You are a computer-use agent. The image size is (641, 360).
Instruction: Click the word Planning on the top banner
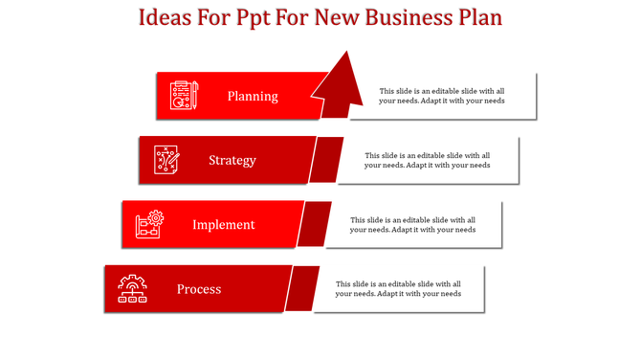[253, 96]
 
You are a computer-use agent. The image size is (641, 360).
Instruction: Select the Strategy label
[232, 160]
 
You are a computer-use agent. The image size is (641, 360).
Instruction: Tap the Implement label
[223, 225]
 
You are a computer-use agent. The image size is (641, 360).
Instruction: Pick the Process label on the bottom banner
[199, 289]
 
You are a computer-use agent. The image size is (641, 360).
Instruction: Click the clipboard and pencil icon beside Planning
[183, 96]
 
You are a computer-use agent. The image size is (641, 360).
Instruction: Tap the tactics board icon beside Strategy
[166, 160]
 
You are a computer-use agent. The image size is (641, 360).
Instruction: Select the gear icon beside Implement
[149, 225]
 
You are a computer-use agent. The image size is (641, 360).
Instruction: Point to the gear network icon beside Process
[132, 288]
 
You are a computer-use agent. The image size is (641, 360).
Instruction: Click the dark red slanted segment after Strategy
[327, 160]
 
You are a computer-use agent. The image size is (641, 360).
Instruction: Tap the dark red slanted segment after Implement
[314, 224]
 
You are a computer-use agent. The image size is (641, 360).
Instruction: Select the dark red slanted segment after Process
[302, 288]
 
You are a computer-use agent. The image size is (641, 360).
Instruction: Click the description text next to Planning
[441, 96]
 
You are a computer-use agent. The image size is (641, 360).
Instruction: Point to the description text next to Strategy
[427, 160]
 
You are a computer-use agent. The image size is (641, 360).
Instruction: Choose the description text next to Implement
[412, 224]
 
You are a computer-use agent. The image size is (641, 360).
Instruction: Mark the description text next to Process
[399, 288]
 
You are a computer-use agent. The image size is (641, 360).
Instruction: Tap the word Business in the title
[416, 17]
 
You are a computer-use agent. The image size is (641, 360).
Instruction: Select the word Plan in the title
[481, 17]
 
